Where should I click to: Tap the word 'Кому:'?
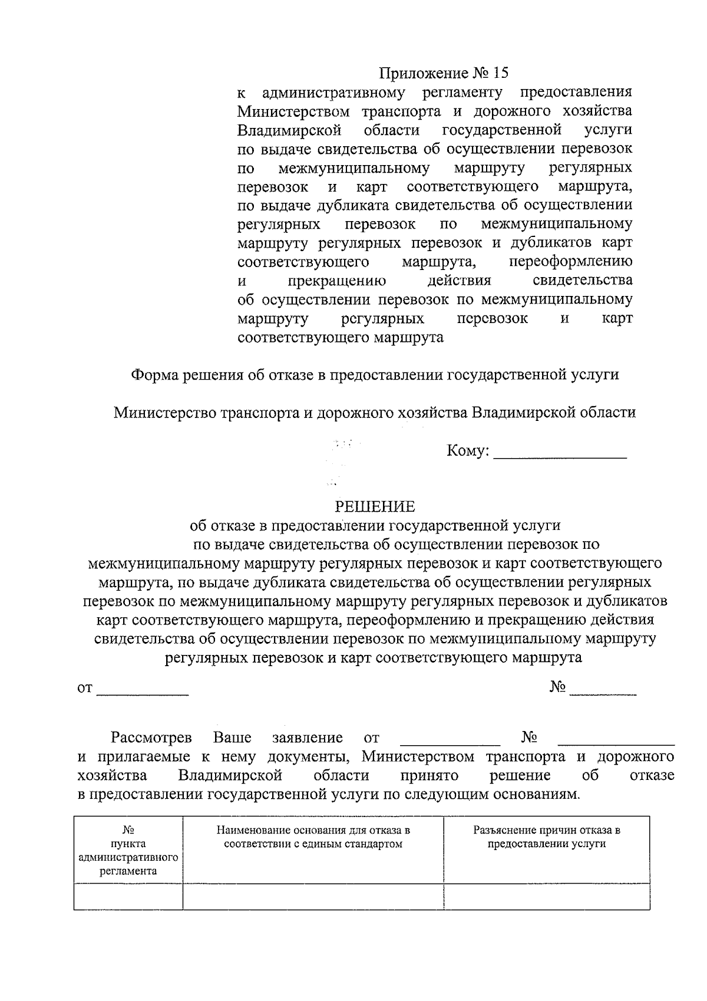(468, 452)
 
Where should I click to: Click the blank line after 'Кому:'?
(560, 454)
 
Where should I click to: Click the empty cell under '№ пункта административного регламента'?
(128, 896)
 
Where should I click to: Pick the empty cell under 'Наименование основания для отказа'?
(313, 896)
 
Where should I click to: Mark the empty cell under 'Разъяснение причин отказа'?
(547, 896)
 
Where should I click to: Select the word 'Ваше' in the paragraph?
(232, 737)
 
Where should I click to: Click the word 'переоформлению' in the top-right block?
(570, 261)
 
